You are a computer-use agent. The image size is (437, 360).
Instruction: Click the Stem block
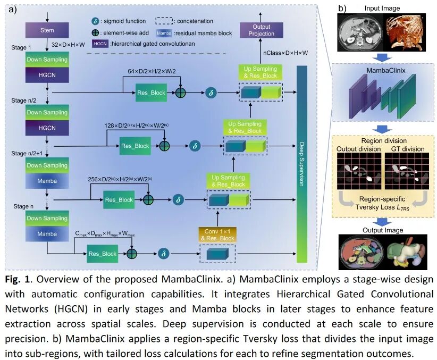tap(47, 30)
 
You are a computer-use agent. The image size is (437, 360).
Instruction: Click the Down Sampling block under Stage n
tap(47, 219)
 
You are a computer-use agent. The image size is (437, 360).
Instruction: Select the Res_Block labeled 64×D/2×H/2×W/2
tap(150, 92)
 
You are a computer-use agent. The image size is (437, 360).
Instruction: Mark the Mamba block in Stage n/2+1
tap(47, 181)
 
